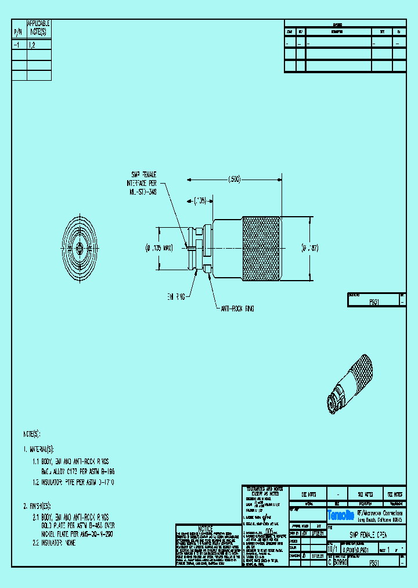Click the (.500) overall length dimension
(x=234, y=180)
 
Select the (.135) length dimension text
(x=200, y=201)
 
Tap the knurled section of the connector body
(x=262, y=248)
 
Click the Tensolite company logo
(x=341, y=515)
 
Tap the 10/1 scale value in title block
(x=332, y=548)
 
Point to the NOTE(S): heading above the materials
(x=33, y=434)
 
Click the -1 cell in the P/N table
(x=19, y=44)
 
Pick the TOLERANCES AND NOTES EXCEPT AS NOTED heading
(x=265, y=492)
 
